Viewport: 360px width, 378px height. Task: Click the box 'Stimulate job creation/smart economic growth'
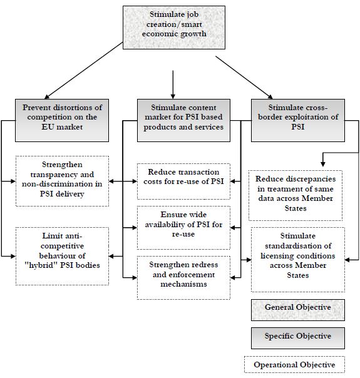tap(174, 28)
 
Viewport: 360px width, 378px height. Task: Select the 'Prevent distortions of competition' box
tap(62, 120)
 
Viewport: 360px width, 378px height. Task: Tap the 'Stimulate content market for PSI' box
tap(183, 120)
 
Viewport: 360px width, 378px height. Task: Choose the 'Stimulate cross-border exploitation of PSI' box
tap(298, 120)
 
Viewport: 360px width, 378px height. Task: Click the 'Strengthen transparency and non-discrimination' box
tap(62, 181)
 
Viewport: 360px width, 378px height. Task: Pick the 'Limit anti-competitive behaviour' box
tap(62, 256)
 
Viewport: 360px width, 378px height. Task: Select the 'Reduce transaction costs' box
tap(183, 181)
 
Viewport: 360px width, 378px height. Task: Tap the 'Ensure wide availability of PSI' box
tap(183, 228)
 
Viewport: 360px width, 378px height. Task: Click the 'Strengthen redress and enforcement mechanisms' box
tap(183, 278)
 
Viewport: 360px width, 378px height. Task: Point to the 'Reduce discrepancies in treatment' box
tap(296, 195)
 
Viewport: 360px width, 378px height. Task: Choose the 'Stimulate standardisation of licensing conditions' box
tap(298, 260)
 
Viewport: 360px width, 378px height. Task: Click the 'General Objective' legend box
tap(298, 310)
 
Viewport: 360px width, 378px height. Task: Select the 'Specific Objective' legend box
tap(298, 338)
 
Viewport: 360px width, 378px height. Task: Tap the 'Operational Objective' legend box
tap(294, 364)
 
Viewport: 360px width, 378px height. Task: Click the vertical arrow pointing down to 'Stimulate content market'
tap(173, 84)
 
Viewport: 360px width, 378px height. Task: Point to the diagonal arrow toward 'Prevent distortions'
tap(83, 71)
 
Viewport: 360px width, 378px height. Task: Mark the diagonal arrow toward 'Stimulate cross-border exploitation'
tap(244, 78)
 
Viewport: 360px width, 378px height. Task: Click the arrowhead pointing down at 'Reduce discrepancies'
tap(323, 164)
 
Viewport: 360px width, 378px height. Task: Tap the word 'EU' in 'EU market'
tap(47, 127)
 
